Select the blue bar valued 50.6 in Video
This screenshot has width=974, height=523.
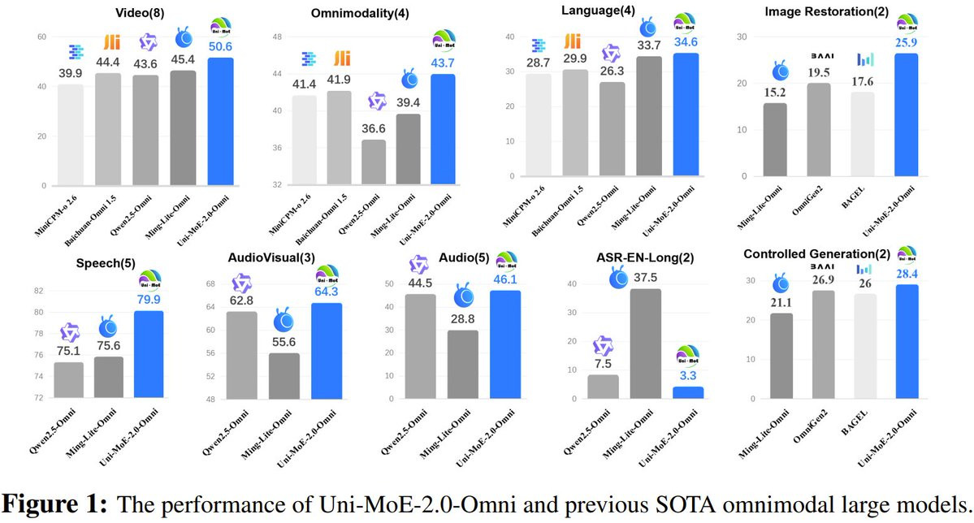[x=222, y=122]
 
